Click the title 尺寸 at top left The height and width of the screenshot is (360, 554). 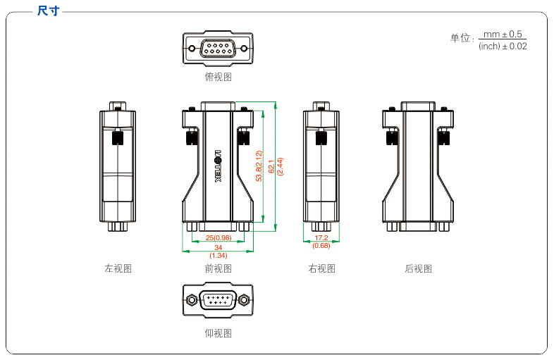pyautogui.click(x=49, y=11)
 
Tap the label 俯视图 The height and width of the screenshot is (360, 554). pyautogui.click(x=218, y=77)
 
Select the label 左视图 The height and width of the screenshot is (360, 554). pyautogui.click(x=118, y=268)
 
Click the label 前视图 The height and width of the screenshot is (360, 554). pyautogui.click(x=218, y=268)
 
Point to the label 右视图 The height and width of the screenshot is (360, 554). pyautogui.click(x=321, y=268)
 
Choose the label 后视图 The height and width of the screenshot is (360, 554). pyautogui.click(x=418, y=268)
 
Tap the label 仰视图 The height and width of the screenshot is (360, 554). pyautogui.click(x=218, y=333)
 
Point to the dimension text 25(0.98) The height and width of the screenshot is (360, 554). pyautogui.click(x=218, y=237)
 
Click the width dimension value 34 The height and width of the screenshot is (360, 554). pyautogui.click(x=218, y=247)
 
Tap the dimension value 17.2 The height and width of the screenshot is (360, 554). pyautogui.click(x=321, y=237)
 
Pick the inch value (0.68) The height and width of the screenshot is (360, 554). pyautogui.click(x=321, y=245)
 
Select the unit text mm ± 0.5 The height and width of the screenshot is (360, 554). pyautogui.click(x=503, y=34)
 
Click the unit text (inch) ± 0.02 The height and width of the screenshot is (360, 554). pyautogui.click(x=503, y=46)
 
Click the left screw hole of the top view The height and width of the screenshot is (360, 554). pyautogui.click(x=192, y=48)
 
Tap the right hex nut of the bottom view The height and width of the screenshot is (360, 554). pyautogui.click(x=244, y=299)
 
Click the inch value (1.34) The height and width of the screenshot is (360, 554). pyautogui.click(x=218, y=255)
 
